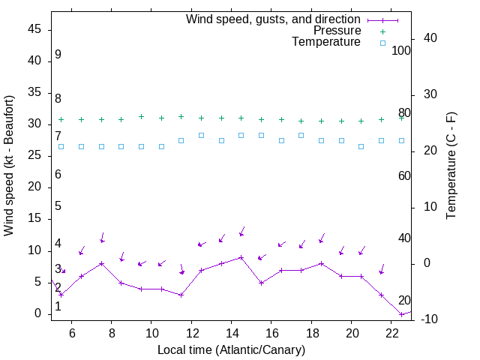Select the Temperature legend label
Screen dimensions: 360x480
pos(326,42)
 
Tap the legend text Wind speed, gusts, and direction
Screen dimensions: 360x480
pos(274,19)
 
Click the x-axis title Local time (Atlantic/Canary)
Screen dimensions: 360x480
pos(231,349)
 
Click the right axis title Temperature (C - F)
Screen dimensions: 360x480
pos(451,166)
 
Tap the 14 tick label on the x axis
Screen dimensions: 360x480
pos(232,331)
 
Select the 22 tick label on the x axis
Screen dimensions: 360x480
pos(392,331)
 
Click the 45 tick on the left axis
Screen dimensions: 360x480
pos(34,29)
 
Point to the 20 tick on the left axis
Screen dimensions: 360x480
pos(34,187)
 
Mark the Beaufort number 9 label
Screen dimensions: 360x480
pos(58,55)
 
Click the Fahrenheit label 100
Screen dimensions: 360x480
pos(402,50)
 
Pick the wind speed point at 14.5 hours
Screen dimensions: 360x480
pos(241,257)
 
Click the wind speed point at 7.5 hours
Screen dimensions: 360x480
pos(101,263)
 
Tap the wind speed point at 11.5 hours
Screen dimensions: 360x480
pos(181,295)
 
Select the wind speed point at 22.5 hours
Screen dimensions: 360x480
pos(402,313)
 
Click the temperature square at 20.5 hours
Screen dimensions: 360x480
pos(361,146)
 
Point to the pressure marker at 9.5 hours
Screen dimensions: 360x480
pos(141,117)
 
